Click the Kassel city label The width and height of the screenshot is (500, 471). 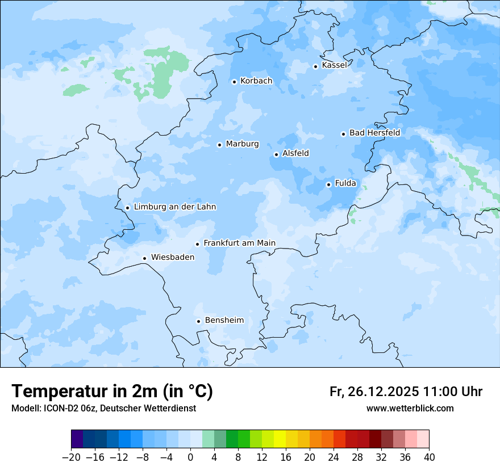pos(334,65)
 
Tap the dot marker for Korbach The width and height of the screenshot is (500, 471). pos(234,82)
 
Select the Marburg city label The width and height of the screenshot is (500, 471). pos(242,144)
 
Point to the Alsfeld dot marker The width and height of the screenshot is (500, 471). pos(276,154)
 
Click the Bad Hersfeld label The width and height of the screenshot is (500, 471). pos(374,133)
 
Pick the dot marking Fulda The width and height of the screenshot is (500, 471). pos(328,184)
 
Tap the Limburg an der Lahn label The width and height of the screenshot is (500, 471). pos(174,207)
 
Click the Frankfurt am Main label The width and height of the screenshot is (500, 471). pos(239,243)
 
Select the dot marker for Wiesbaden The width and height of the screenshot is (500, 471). pos(145,258)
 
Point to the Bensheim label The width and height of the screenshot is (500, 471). pos(224,320)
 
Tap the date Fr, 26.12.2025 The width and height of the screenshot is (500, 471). pos(374,392)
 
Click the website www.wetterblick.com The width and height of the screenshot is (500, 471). pos(410,408)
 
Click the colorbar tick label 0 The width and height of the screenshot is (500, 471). pos(190,457)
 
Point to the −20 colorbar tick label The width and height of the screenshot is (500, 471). pos(71,457)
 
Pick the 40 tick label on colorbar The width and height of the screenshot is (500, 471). pos(429,457)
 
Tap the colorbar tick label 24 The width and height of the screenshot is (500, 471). pos(334,457)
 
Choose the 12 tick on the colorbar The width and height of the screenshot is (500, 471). pos(262,457)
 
